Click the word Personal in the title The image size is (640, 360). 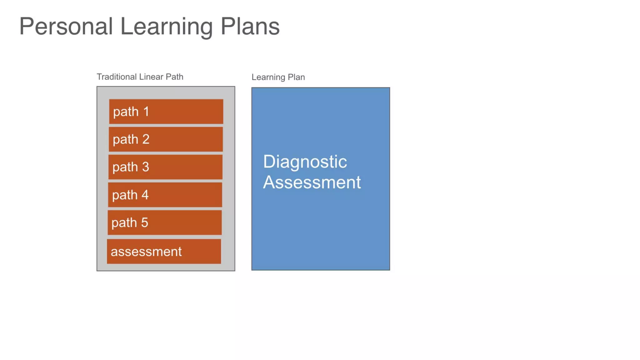coord(66,26)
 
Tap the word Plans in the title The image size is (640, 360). coord(250,26)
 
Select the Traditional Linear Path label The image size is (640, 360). coord(140,77)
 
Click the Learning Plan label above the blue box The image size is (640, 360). coord(278,77)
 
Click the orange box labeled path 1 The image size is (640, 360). coord(166,112)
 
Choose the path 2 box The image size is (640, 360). coord(166,139)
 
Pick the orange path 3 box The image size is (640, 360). coord(165,167)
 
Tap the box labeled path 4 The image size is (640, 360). coord(165,195)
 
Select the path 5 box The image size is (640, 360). coord(165,222)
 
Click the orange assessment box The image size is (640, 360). coord(164,252)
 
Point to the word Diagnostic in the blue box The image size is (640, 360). coord(305,162)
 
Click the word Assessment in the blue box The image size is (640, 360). coord(312,182)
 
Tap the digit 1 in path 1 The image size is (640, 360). coord(146,112)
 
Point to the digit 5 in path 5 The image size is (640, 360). coord(144,222)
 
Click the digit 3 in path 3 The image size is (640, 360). coord(145,167)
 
